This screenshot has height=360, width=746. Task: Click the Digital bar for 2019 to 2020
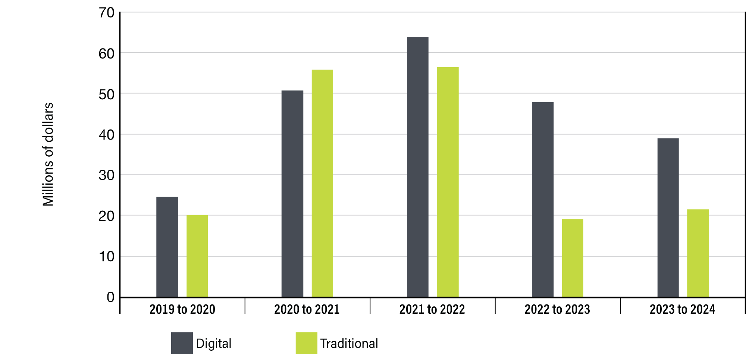[x=167, y=247]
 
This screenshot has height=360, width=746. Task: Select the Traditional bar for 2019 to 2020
[x=197, y=256]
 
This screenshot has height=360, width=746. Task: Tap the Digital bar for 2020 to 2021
[x=292, y=194]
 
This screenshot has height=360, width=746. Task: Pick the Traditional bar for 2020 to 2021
[x=322, y=184]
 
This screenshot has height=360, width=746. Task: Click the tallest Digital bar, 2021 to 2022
[x=418, y=167]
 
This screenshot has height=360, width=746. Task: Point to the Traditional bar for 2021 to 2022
[x=448, y=182]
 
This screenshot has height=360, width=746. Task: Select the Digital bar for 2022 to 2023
[x=543, y=200]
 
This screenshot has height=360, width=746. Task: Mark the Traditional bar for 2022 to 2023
[x=573, y=258]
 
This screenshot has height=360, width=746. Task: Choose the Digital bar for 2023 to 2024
[x=668, y=218]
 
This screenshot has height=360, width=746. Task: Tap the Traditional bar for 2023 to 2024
[x=698, y=253]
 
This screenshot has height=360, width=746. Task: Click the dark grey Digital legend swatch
[x=182, y=343]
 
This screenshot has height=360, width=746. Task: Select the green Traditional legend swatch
[x=307, y=343]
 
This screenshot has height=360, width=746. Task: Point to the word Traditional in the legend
[x=349, y=343]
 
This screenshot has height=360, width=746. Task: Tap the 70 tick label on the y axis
[x=106, y=13]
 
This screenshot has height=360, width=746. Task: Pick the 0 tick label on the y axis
[x=110, y=297]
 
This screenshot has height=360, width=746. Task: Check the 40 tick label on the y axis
[x=106, y=135]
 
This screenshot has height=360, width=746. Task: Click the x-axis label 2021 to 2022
[x=432, y=309]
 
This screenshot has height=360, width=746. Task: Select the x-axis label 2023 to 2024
[x=682, y=309]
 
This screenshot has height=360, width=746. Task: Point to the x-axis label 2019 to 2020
[x=182, y=309]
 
